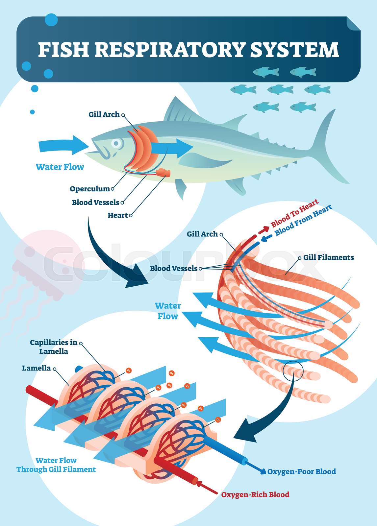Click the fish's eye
116,143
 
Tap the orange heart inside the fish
163,172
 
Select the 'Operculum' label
89,189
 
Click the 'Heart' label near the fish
117,215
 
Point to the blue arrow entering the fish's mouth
63,145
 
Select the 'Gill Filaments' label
328,257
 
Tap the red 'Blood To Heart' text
294,213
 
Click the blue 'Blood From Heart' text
303,220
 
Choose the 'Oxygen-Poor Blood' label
301,471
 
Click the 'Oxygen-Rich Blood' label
255,494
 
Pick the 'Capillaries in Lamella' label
54,347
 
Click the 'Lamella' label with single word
36,368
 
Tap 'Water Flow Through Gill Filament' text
56,465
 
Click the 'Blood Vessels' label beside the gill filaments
173,268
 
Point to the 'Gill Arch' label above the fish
104,115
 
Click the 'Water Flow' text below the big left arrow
60,167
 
